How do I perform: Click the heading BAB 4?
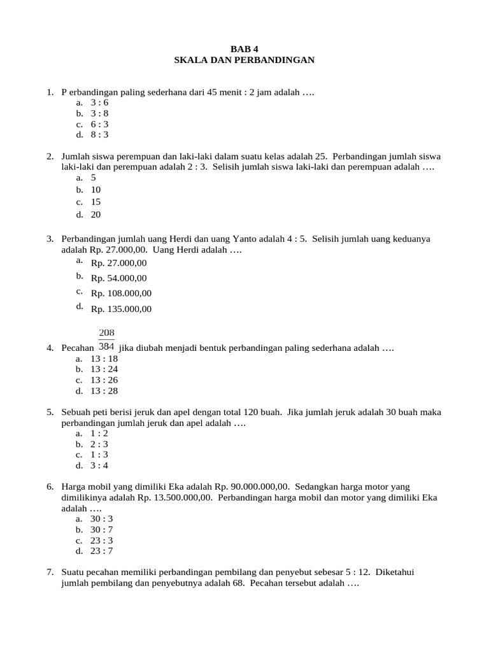[244, 48]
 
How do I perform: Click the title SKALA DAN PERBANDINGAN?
[244, 60]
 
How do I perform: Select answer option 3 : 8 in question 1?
[99, 113]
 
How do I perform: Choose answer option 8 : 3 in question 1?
[99, 135]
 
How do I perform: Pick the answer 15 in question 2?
[96, 202]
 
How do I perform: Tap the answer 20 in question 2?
[96, 215]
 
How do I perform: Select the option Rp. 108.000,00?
[121, 294]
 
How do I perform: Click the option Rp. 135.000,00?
[121, 309]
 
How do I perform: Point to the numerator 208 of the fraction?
[106, 332]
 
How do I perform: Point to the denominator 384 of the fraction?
[106, 347]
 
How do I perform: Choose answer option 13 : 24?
[104, 369]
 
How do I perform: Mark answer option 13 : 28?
[104, 391]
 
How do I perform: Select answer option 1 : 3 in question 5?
[99, 455]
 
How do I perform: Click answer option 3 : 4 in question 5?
[99, 465]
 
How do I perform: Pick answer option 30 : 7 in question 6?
[102, 530]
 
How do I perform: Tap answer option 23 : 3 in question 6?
[102, 541]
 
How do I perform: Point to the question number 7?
[50, 572]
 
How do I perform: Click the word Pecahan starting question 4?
[77, 349]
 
